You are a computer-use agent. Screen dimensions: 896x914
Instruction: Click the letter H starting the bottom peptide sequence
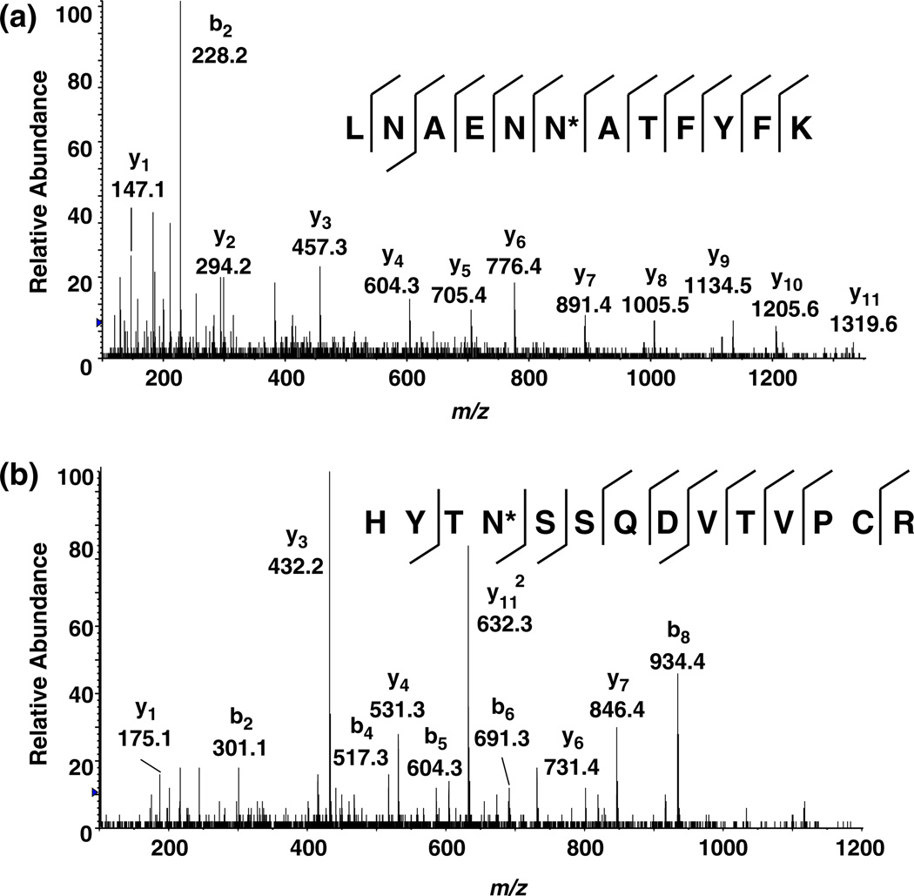coord(375,523)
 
